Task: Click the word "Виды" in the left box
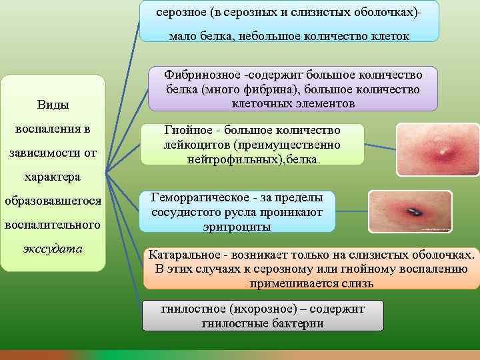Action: [53, 105]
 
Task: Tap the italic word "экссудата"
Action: [53, 249]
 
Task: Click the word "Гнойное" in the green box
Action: [186, 130]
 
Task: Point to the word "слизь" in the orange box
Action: [359, 283]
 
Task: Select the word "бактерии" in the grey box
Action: [299, 323]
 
